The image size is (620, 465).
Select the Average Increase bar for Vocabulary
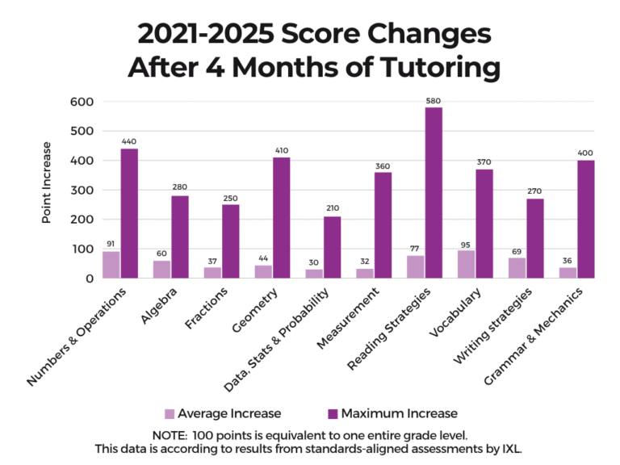(467, 264)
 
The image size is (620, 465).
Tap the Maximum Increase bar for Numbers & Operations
(129, 213)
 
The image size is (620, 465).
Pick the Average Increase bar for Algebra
(162, 269)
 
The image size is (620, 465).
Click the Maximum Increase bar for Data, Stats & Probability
(332, 247)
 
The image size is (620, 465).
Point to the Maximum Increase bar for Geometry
(281, 218)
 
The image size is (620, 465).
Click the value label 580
(434, 101)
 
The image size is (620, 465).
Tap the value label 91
(111, 244)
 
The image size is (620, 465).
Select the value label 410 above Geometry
(281, 150)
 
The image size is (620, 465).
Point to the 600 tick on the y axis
(83, 102)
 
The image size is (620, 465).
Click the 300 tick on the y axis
(83, 191)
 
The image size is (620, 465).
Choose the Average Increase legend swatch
(170, 414)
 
